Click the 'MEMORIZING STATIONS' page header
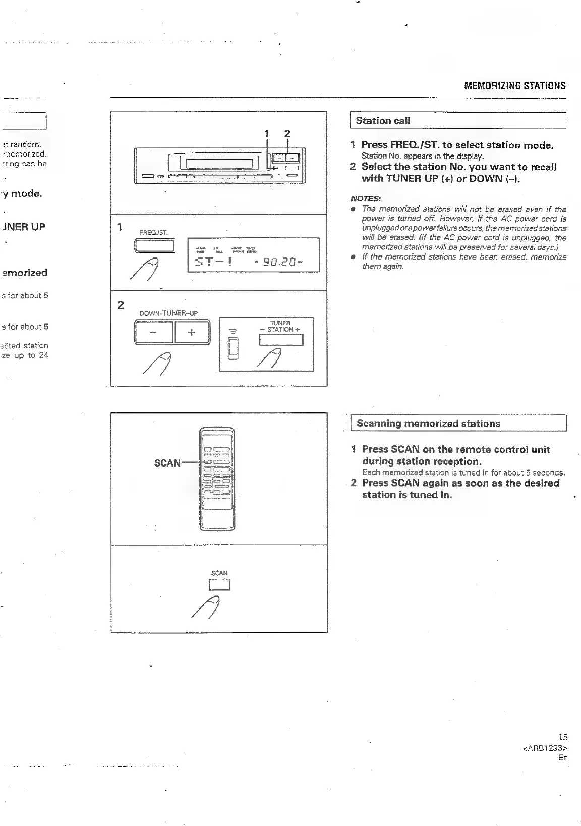514,86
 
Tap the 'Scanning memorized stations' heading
428,424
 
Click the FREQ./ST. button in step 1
154,246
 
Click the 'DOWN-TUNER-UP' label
168,313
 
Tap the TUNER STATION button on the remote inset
281,341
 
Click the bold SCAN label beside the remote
167,463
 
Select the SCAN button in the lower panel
219,585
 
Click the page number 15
563,737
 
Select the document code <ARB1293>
545,748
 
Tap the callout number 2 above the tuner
287,134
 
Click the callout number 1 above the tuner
267,134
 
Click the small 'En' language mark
563,758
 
